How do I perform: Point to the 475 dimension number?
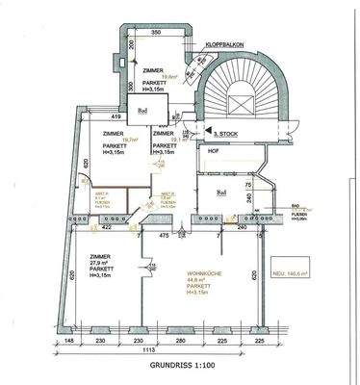click(164, 232)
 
